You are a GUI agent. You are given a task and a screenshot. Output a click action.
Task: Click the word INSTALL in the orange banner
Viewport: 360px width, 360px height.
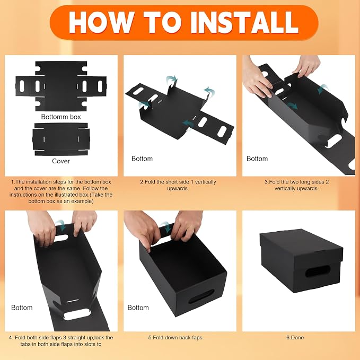click(x=244, y=22)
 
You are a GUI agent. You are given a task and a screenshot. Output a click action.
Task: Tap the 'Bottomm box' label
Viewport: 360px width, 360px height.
click(x=61, y=117)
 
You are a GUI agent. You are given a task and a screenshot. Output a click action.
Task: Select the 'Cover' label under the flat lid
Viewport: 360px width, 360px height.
click(x=61, y=161)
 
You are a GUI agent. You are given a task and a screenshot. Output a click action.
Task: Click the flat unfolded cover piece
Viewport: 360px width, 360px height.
click(x=61, y=139)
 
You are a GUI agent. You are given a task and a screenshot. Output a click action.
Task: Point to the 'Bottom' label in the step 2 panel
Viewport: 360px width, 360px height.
click(x=142, y=159)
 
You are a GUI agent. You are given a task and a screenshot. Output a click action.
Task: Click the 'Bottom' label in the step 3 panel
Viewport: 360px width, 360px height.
click(x=257, y=159)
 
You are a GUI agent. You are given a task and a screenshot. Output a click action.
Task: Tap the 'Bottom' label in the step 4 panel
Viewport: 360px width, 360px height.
click(x=22, y=308)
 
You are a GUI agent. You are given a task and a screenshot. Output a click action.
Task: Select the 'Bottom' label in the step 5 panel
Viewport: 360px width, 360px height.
click(x=138, y=308)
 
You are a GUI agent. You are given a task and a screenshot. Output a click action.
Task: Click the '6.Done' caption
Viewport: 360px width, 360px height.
click(x=295, y=338)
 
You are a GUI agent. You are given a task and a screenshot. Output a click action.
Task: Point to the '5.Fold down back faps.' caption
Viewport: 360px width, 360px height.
click(x=176, y=338)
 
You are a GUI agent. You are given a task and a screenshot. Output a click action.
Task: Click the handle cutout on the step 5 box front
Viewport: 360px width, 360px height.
click(x=201, y=296)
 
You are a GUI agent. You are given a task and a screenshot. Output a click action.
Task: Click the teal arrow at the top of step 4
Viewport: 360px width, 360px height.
click(x=61, y=225)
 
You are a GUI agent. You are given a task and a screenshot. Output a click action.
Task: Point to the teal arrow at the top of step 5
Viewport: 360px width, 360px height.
click(x=166, y=227)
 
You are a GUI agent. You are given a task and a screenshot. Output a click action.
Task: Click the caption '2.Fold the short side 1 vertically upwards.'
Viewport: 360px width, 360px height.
click(x=178, y=185)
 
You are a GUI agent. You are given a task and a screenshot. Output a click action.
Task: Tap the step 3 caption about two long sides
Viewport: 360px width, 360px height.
click(x=296, y=185)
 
